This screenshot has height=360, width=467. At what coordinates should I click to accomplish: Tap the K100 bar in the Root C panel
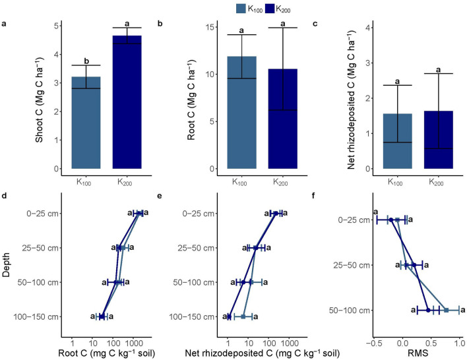241,112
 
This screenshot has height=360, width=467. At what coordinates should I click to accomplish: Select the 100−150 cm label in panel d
42,317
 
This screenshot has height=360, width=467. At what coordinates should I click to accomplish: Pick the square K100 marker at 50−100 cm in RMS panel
447,310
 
